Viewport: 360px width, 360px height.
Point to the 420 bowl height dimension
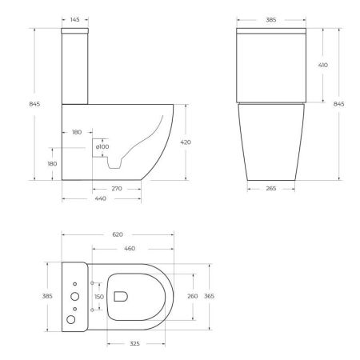pos(186,142)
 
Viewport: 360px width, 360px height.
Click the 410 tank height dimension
pos(322,65)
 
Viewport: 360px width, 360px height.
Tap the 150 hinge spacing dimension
pos(100,297)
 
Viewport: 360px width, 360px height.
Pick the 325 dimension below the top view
pos(136,343)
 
